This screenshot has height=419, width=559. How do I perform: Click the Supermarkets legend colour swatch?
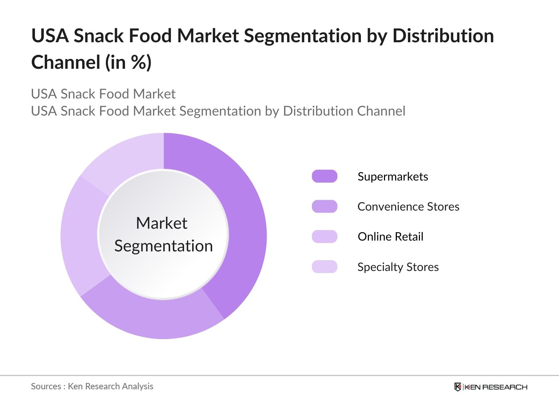[x=325, y=176]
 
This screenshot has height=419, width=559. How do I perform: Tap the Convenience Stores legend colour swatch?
[x=325, y=206]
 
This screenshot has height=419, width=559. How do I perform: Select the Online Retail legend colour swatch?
[x=325, y=236]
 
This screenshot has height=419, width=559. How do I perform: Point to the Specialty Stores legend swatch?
[x=325, y=267]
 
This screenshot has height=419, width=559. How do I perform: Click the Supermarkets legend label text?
[x=393, y=177]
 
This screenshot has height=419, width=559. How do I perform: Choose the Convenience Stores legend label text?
[x=408, y=207]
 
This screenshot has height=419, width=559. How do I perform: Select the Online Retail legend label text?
[x=390, y=237]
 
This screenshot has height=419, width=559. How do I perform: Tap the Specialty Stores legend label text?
[x=398, y=267]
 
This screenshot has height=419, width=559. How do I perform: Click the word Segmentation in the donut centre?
[x=164, y=246]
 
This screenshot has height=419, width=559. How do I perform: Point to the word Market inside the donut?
[x=161, y=223]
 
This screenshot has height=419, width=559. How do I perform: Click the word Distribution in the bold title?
[x=443, y=36]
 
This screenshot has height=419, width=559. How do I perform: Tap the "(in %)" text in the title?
[x=128, y=63]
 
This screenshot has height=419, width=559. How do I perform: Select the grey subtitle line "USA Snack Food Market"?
[x=103, y=94]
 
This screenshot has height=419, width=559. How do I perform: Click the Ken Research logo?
[x=491, y=387]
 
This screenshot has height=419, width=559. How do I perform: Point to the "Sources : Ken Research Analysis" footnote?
[x=92, y=386]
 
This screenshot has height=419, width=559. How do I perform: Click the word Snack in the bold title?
[x=99, y=36]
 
